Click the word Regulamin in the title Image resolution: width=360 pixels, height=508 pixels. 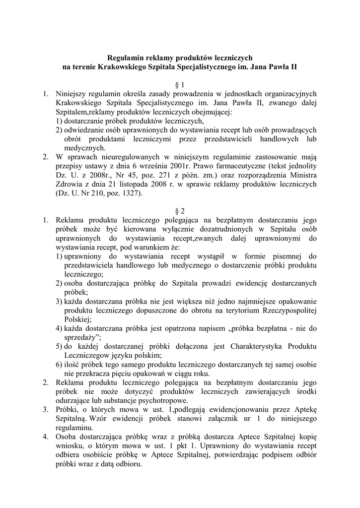[x=126, y=58]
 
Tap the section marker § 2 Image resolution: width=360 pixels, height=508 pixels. [x=180, y=210]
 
